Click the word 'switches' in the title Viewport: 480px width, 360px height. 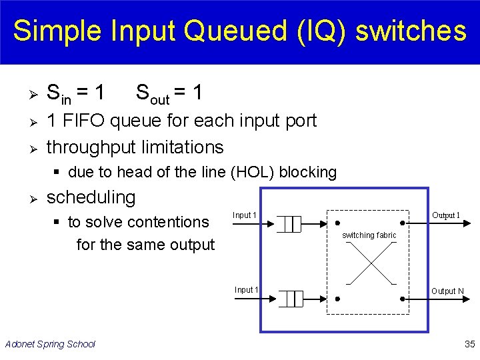coord(412,31)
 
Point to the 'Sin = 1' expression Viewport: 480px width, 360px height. coord(75,93)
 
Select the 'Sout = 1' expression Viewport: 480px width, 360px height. coord(169,93)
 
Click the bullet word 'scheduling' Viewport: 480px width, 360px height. coord(91,197)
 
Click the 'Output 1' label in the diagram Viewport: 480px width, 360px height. coord(446,215)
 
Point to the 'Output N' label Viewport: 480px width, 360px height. coord(447,291)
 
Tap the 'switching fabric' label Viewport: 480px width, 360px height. coord(369,235)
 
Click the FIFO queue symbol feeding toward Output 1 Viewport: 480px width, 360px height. coord(289,224)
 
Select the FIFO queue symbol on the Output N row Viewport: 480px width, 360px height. coord(289,299)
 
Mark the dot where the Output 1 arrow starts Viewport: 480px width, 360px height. coord(404,223)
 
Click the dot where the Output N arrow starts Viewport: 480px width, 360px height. coord(404,299)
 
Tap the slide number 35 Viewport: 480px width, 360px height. coord(469,344)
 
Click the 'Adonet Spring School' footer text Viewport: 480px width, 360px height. coord(50,344)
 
